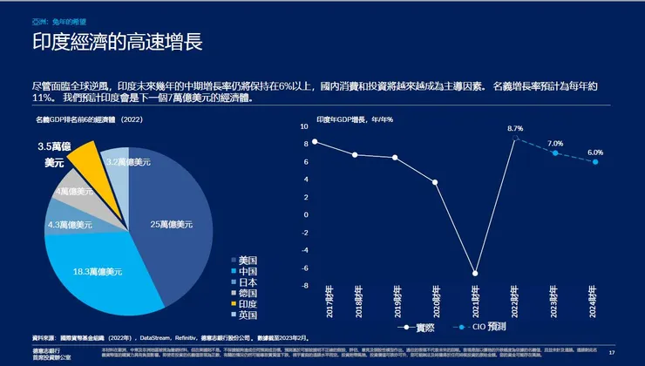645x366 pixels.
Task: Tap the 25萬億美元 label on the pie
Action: pyautogui.click(x=170, y=225)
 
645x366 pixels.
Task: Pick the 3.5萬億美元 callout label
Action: pyautogui.click(x=31, y=154)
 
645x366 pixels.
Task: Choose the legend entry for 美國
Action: pyautogui.click(x=248, y=260)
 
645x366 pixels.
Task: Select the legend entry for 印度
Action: pyautogui.click(x=248, y=303)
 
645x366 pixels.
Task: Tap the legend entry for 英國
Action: pyautogui.click(x=248, y=315)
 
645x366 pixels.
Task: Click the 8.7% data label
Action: pyautogui.click(x=515, y=129)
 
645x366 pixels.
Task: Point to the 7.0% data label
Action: pyautogui.click(x=555, y=143)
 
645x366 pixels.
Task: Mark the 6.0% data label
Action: pyautogui.click(x=595, y=152)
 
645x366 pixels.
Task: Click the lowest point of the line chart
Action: pyautogui.click(x=475, y=273)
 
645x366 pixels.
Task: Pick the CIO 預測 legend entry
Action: pyautogui.click(x=479, y=328)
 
